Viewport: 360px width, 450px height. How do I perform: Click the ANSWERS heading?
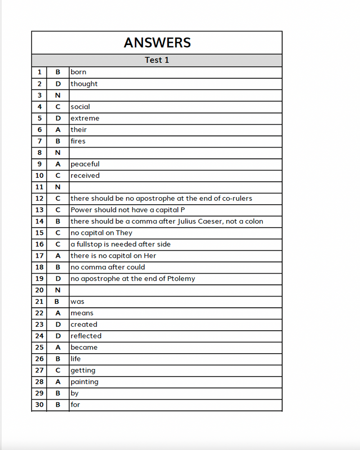(157, 43)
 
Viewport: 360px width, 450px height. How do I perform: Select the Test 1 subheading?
(157, 60)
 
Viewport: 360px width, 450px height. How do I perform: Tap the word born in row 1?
(78, 72)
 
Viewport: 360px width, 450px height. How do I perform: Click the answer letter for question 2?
(58, 84)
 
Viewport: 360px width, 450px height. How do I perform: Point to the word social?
(80, 107)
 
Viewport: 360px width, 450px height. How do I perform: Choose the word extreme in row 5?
(85, 118)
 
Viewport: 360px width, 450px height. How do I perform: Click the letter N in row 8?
(58, 153)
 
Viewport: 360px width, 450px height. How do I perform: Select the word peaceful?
(85, 164)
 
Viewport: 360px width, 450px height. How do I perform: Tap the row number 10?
(40, 175)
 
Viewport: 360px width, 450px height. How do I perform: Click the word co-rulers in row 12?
(237, 198)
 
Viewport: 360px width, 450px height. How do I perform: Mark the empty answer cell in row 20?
(175, 290)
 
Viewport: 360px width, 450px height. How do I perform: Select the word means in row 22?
(82, 313)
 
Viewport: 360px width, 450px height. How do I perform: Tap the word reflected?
(86, 336)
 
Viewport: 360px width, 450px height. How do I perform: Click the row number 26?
(40, 359)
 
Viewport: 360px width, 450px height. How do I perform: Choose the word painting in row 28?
(84, 382)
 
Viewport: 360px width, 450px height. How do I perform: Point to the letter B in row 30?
(58, 405)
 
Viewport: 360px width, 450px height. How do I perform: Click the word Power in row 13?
(81, 210)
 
